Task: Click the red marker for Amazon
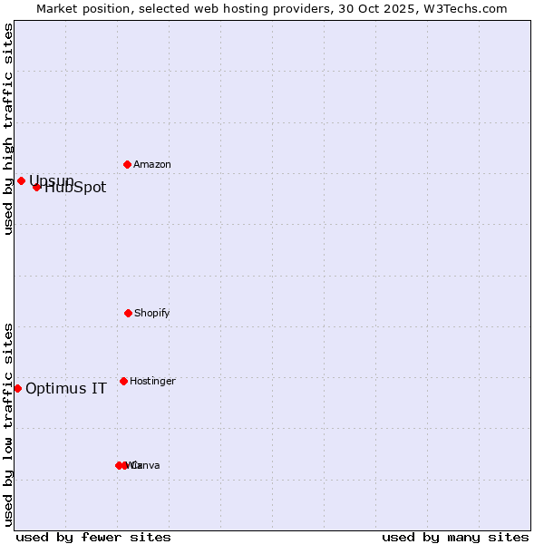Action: tap(127, 164)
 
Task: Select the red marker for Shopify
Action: tap(128, 313)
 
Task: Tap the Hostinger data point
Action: tap(123, 381)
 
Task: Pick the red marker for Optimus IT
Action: tap(17, 388)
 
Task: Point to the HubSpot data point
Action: tap(36, 187)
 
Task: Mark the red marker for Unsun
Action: tap(21, 180)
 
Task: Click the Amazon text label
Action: tap(152, 165)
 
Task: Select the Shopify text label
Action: tap(152, 314)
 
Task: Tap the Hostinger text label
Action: tap(152, 382)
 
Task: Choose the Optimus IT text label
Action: tap(66, 389)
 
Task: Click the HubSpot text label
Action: tap(75, 188)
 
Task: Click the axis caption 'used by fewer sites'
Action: tap(93, 537)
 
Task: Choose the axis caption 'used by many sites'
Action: tap(455, 537)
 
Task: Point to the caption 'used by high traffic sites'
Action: tap(9, 129)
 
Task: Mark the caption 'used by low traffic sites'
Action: tap(9, 424)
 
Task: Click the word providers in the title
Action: tap(305, 8)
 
